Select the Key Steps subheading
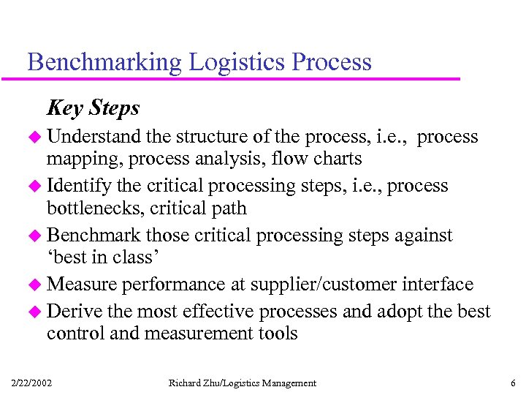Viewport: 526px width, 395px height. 93,108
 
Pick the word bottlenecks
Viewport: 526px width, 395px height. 96,208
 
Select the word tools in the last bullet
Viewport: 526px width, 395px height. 278,334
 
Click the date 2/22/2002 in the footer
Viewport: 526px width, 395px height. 31,383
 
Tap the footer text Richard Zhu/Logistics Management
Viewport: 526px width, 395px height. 242,383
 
